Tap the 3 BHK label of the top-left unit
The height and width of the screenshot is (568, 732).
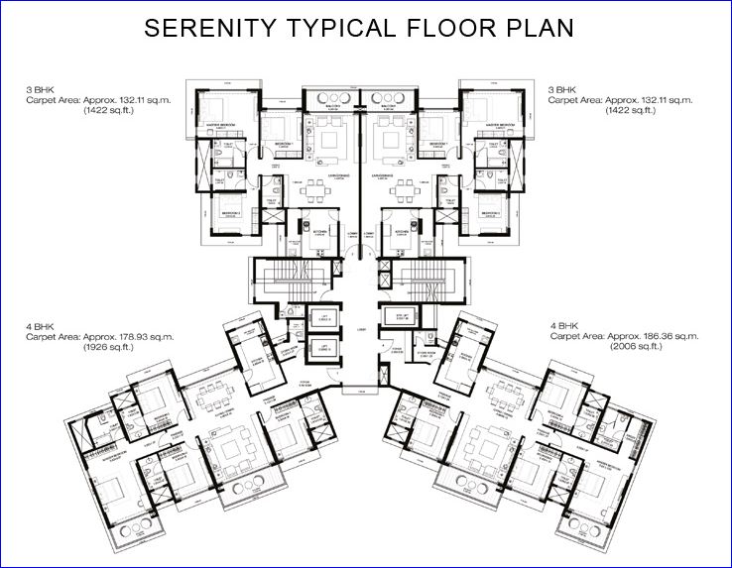tap(39, 90)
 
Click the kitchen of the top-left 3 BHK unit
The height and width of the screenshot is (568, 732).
tap(317, 235)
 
